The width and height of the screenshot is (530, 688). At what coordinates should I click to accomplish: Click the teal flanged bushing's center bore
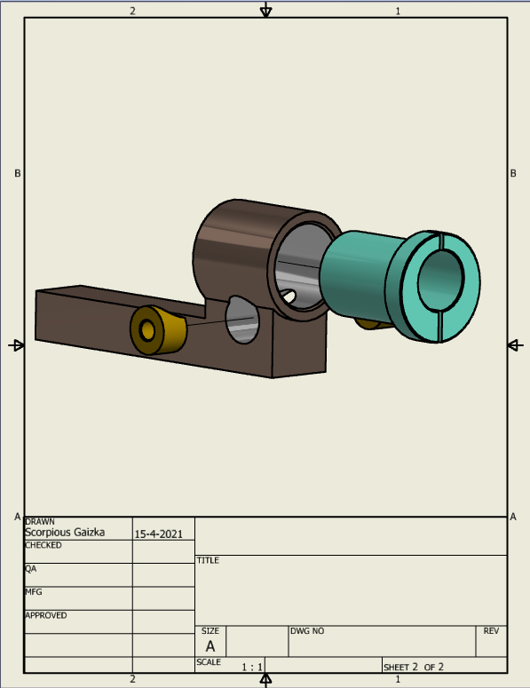click(440, 281)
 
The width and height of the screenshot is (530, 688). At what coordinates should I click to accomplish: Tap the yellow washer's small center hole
click(147, 330)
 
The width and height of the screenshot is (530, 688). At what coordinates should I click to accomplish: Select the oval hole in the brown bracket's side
click(241, 320)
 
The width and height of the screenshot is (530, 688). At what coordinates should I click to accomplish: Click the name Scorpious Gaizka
click(65, 533)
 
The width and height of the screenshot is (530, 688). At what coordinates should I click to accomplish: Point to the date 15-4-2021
click(158, 534)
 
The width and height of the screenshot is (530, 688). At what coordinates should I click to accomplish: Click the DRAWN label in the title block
click(40, 522)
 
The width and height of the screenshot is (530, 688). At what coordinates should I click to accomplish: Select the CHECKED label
click(44, 545)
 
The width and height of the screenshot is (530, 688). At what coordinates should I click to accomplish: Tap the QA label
click(31, 569)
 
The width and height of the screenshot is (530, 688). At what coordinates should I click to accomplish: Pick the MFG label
click(34, 592)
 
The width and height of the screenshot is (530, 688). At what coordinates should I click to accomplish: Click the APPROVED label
click(46, 615)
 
